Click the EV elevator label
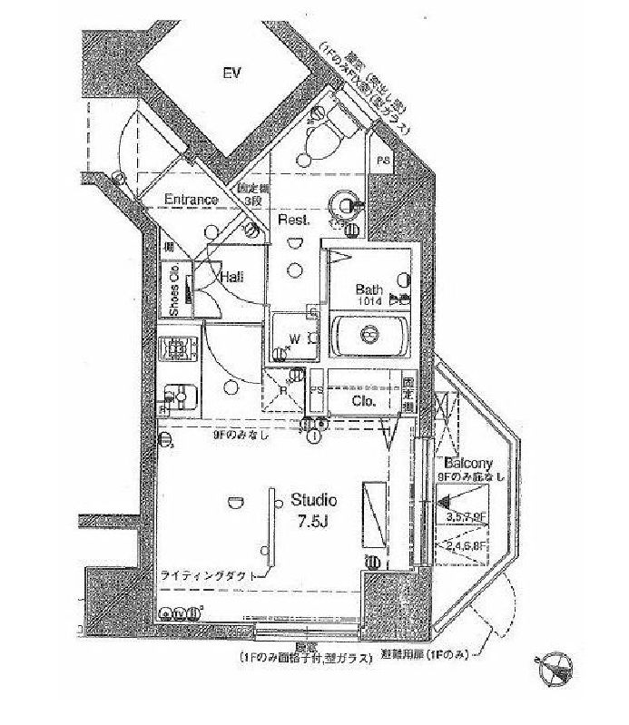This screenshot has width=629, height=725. tap(232, 73)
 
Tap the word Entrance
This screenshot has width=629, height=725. tap(191, 200)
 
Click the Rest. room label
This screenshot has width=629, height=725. tap(294, 220)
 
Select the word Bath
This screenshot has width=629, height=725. tap(369, 290)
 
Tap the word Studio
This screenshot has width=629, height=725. tap(314, 500)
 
